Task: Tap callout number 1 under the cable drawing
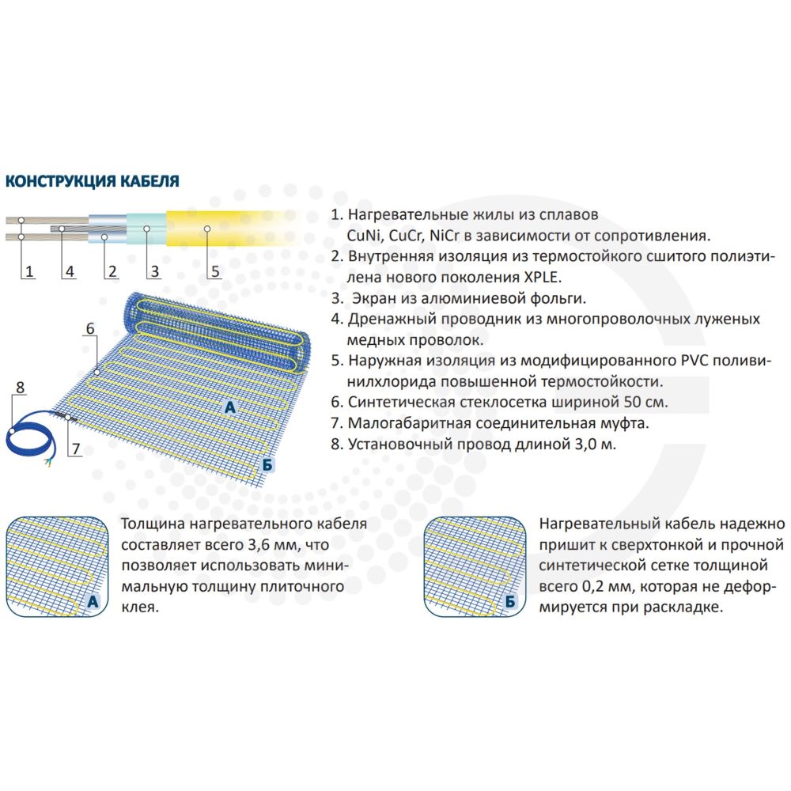29,271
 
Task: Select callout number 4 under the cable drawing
70,271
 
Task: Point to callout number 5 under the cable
215,271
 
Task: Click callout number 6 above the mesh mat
90,328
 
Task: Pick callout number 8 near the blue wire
21,388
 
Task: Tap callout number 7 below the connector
76,448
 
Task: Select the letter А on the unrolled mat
230,407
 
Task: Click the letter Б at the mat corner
267,464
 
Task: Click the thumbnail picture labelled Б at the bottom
474,566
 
